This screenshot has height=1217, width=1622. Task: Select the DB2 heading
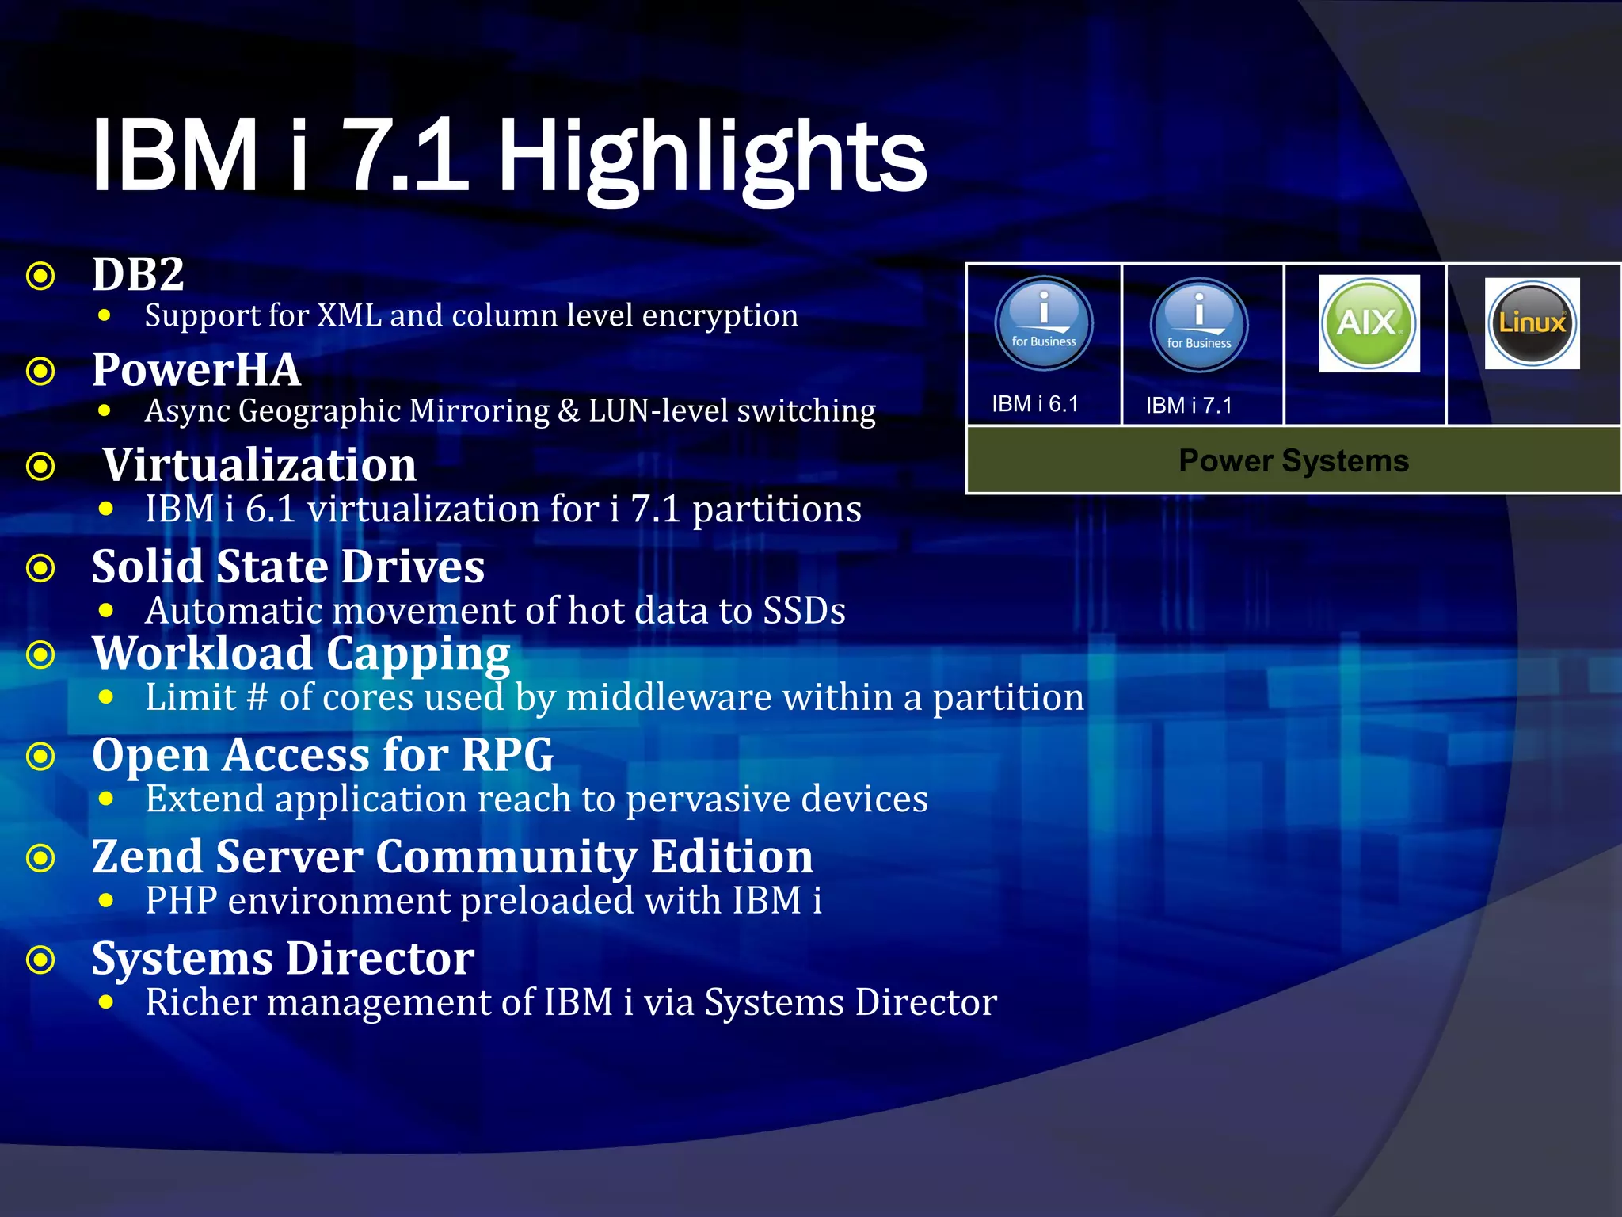pyautogui.click(x=138, y=274)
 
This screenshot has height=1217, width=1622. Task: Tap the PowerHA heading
pyautogui.click(x=196, y=369)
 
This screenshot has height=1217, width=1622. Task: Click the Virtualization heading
pyautogui.click(x=259, y=464)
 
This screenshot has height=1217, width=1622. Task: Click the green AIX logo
pyautogui.click(x=1369, y=322)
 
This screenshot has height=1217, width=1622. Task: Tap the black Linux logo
pyautogui.click(x=1532, y=323)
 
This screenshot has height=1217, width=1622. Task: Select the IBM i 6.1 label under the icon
pyautogui.click(x=1035, y=404)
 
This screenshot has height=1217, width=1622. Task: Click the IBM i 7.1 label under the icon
pyautogui.click(x=1189, y=406)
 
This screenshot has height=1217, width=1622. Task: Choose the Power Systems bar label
pyautogui.click(x=1293, y=460)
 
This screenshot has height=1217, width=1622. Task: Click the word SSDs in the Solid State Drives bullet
pyautogui.click(x=803, y=611)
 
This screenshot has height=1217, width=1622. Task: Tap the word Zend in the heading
pyautogui.click(x=147, y=856)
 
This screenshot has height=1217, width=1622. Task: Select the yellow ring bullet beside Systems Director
pyautogui.click(x=40, y=960)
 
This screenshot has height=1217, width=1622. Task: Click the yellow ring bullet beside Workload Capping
pyautogui.click(x=40, y=655)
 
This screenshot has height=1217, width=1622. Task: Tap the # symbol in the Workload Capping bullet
pyautogui.click(x=257, y=698)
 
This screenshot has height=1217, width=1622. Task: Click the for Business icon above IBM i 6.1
pyautogui.click(x=1043, y=323)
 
